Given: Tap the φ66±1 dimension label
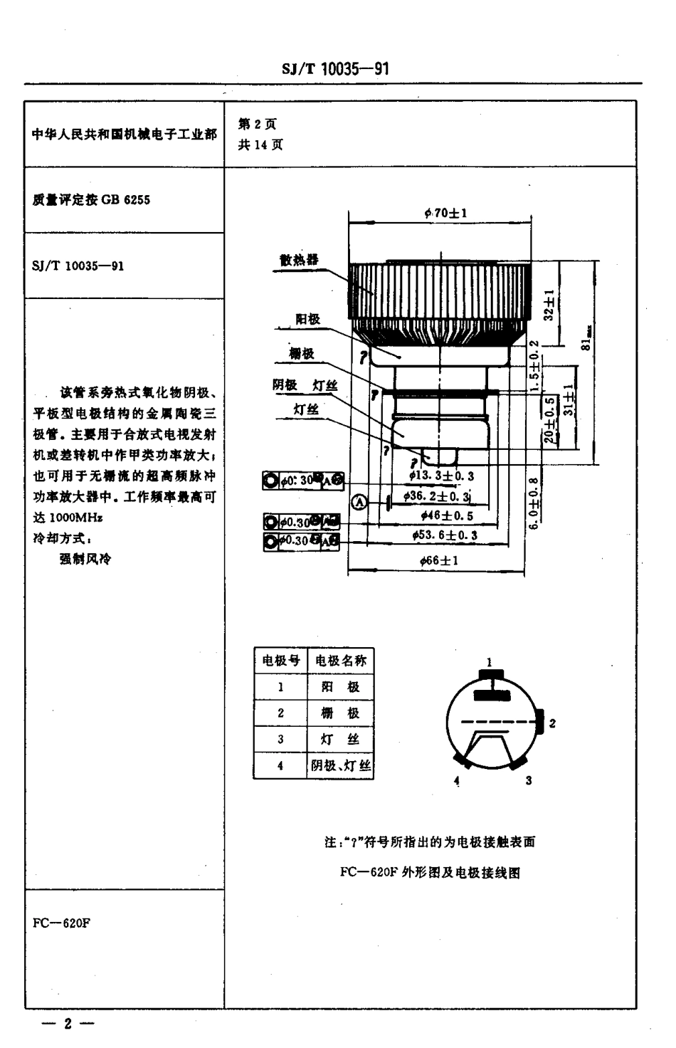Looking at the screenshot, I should point(439,560).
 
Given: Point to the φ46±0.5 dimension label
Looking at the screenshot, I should point(446,515).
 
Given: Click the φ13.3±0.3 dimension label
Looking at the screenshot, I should point(441,476).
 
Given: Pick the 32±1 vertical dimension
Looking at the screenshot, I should point(549,304).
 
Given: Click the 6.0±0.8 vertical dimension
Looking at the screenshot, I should point(535,503).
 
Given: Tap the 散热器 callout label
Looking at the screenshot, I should point(299,260).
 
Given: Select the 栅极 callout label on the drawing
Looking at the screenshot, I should point(302,354).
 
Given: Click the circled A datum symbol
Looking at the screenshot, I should point(361,503).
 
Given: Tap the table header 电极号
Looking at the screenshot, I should point(280,660).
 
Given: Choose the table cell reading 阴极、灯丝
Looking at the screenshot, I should point(340,766).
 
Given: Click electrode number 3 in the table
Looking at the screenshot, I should point(280,740).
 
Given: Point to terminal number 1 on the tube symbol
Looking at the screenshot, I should point(489,662).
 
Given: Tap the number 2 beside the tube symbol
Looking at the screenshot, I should point(552,723).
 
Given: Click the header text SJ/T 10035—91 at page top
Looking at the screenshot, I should point(334,69).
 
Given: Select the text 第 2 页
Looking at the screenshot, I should point(257,124).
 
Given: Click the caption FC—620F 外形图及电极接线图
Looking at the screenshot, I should point(430,872).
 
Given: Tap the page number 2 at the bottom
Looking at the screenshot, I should point(68,1024).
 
